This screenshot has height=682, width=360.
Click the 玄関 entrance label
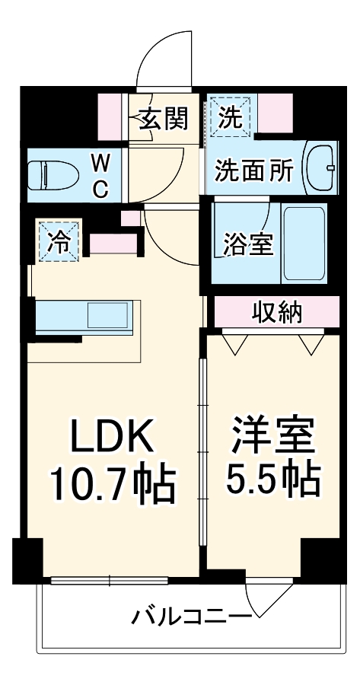(x=162, y=119)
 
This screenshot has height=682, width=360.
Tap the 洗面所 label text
(x=253, y=170)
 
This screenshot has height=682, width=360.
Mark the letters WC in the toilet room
(x=100, y=175)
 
